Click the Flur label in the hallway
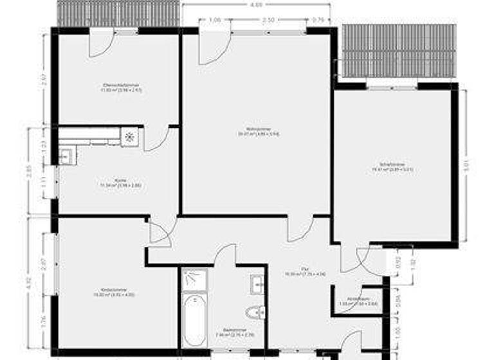(306, 271)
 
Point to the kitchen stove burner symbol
(130, 136)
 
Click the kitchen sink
(66, 154)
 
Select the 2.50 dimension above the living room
(268, 20)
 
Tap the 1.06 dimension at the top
(215, 20)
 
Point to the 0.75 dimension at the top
(318, 20)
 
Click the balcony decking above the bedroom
(399, 51)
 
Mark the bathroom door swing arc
(226, 253)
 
